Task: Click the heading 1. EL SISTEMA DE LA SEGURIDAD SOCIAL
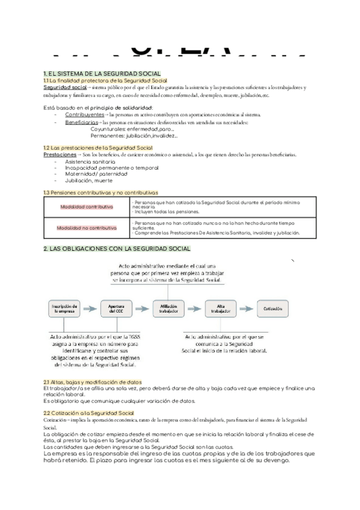coord(102,73)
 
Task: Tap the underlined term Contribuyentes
coord(84,114)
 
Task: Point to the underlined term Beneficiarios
coord(82,122)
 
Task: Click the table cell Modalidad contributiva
coord(87,206)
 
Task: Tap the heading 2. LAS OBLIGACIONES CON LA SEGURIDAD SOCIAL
coord(117,248)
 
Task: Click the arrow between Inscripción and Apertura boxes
coord(88,309)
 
